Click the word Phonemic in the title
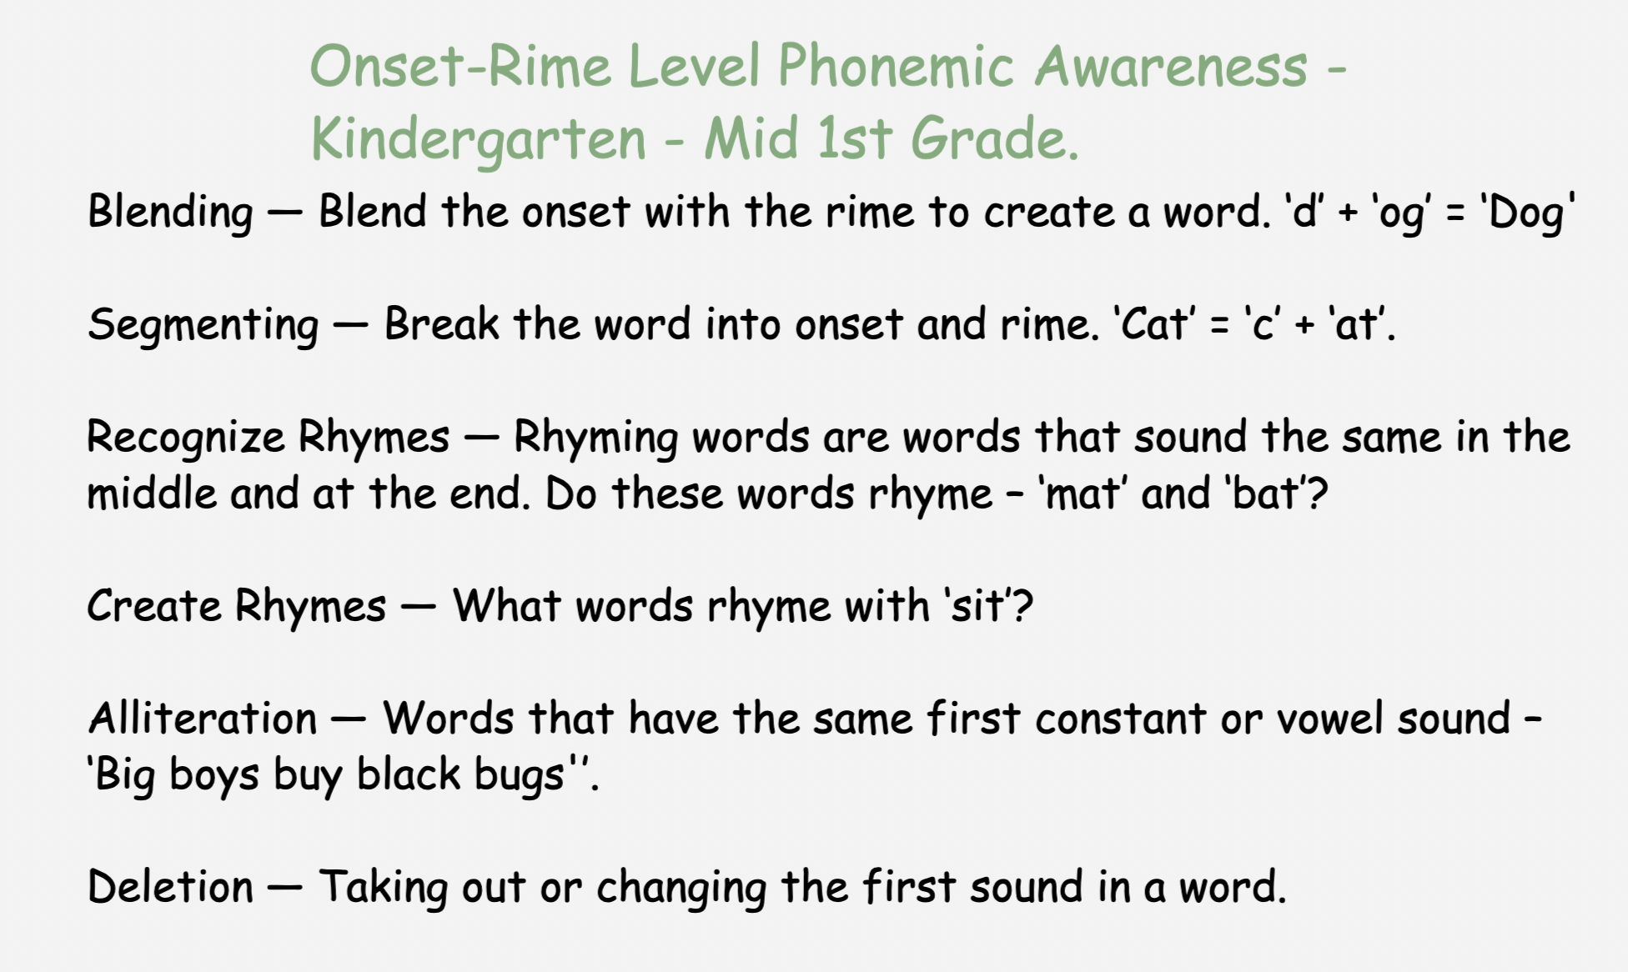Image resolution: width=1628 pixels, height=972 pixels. [896, 67]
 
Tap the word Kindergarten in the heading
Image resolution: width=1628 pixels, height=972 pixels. [479, 140]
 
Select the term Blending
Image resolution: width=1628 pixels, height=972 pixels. [170, 212]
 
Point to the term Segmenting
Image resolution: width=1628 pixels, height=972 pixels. [203, 325]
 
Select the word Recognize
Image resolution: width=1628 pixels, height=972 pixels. [185, 438]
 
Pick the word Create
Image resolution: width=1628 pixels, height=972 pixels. [153, 605]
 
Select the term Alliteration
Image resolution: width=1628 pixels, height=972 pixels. [203, 718]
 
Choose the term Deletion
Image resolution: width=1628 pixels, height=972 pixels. [170, 886]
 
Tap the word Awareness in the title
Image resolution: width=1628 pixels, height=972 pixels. [1171, 67]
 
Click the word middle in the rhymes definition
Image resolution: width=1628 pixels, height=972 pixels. [152, 494]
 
